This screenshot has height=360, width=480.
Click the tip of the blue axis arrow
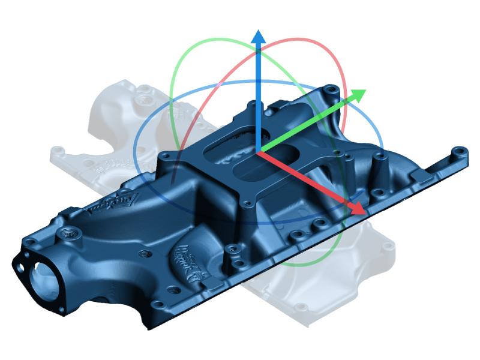tap(258, 31)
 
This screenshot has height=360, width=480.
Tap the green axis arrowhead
tap(358, 95)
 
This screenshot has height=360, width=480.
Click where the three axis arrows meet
tap(258, 152)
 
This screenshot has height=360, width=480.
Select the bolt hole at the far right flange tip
tap(459, 151)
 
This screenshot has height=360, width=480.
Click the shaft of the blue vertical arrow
tap(258, 90)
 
